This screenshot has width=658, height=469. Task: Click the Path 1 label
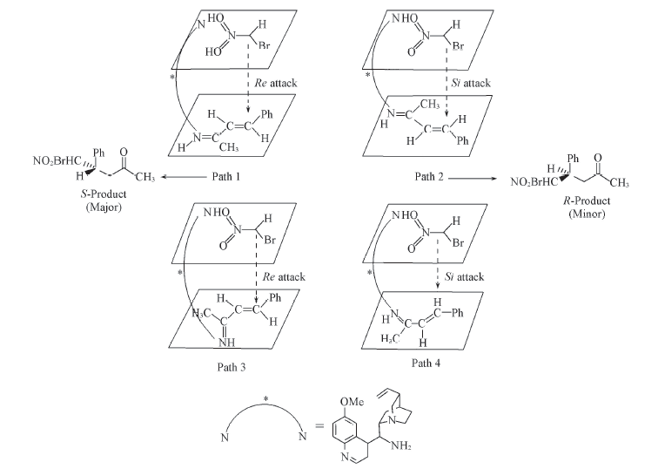click(x=225, y=176)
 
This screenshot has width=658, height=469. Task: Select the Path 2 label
click(x=429, y=176)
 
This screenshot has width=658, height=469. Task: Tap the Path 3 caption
click(x=232, y=367)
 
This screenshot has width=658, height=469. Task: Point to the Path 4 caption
click(x=426, y=364)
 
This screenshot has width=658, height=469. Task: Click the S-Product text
click(x=104, y=194)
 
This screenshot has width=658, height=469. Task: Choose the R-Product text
click(x=587, y=201)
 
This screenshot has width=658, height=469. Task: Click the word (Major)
click(x=104, y=207)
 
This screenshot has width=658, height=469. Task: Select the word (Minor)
click(x=587, y=214)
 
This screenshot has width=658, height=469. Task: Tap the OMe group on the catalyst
click(x=352, y=402)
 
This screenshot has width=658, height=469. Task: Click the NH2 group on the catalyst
click(x=400, y=445)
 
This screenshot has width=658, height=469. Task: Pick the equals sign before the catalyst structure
click(x=319, y=426)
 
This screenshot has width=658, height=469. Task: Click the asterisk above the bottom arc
click(x=265, y=398)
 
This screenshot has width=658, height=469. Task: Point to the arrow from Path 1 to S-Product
click(x=184, y=177)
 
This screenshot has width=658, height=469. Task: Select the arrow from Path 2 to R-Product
click(x=473, y=179)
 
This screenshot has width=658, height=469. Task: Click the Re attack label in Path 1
click(x=276, y=83)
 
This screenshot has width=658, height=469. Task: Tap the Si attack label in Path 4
click(x=464, y=276)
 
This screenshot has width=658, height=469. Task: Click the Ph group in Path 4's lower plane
click(x=458, y=313)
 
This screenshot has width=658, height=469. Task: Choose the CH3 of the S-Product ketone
click(x=145, y=177)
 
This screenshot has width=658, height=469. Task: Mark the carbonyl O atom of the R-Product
click(x=598, y=158)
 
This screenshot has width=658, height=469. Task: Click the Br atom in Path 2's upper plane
click(x=458, y=45)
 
